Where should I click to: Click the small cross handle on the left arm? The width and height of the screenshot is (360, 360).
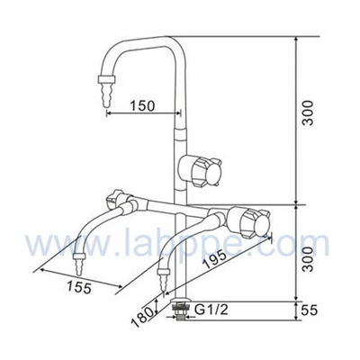point(116,198)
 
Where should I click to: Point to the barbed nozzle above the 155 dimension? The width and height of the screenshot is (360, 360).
point(77,265)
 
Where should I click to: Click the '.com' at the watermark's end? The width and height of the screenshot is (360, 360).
point(311,243)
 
